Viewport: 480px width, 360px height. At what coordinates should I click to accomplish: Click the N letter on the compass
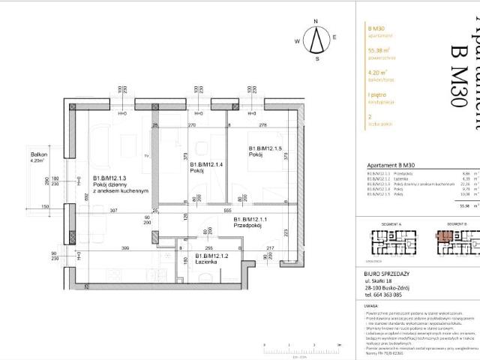tap(317, 22)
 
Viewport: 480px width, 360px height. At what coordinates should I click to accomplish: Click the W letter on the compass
tap(298, 40)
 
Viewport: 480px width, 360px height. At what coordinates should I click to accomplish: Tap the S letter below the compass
tap(317, 58)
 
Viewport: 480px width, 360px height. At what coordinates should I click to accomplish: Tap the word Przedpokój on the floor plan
tap(247, 225)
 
